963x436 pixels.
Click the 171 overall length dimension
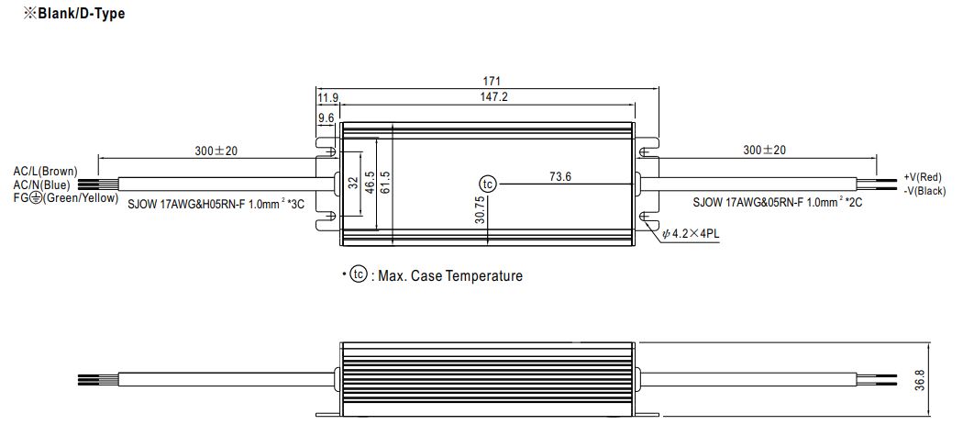pos(492,81)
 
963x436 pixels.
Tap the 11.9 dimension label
pos(327,97)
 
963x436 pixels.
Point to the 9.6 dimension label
pos(326,117)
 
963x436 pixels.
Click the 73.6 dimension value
pos(559,176)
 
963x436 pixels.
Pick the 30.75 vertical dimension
pos(480,209)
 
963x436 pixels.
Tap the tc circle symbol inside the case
pos(488,184)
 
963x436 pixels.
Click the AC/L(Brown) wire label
pos(46,172)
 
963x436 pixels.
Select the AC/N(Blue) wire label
pos(42,184)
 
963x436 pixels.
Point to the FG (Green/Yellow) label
pos(66,197)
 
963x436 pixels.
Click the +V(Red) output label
pos(923,178)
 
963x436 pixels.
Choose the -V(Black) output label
pos(924,191)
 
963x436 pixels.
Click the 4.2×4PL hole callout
pos(691,234)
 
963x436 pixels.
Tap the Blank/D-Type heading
pos(73,14)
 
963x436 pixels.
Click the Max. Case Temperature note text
pos(450,275)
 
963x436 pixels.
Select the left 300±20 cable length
pos(216,150)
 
